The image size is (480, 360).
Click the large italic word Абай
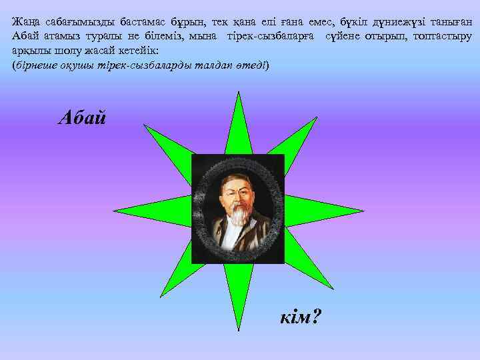coord(82,117)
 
